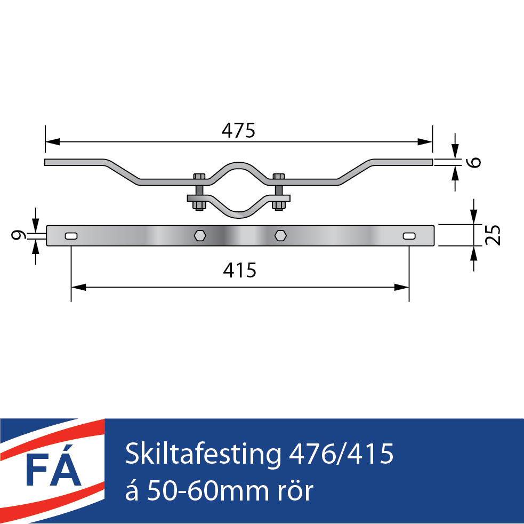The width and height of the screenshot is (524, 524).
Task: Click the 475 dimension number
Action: point(238,131)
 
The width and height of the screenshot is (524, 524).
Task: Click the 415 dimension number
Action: point(239,271)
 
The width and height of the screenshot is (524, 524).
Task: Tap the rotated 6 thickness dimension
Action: point(474,162)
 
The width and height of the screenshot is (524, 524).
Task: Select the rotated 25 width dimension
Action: point(493,235)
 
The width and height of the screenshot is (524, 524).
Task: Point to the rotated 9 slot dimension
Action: point(18,235)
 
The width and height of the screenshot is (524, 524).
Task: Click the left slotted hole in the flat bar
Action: point(71,236)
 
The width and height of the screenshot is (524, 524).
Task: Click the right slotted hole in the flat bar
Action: point(409,236)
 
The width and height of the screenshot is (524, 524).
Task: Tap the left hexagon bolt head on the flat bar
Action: point(200,235)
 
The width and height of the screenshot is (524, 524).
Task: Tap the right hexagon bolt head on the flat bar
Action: point(280,235)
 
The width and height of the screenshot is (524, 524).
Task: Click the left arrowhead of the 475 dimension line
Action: point(52,142)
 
